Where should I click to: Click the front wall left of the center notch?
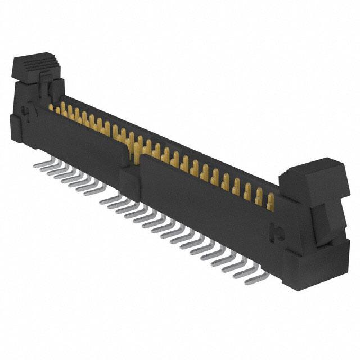(79, 141)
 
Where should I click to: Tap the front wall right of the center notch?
(208, 202)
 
